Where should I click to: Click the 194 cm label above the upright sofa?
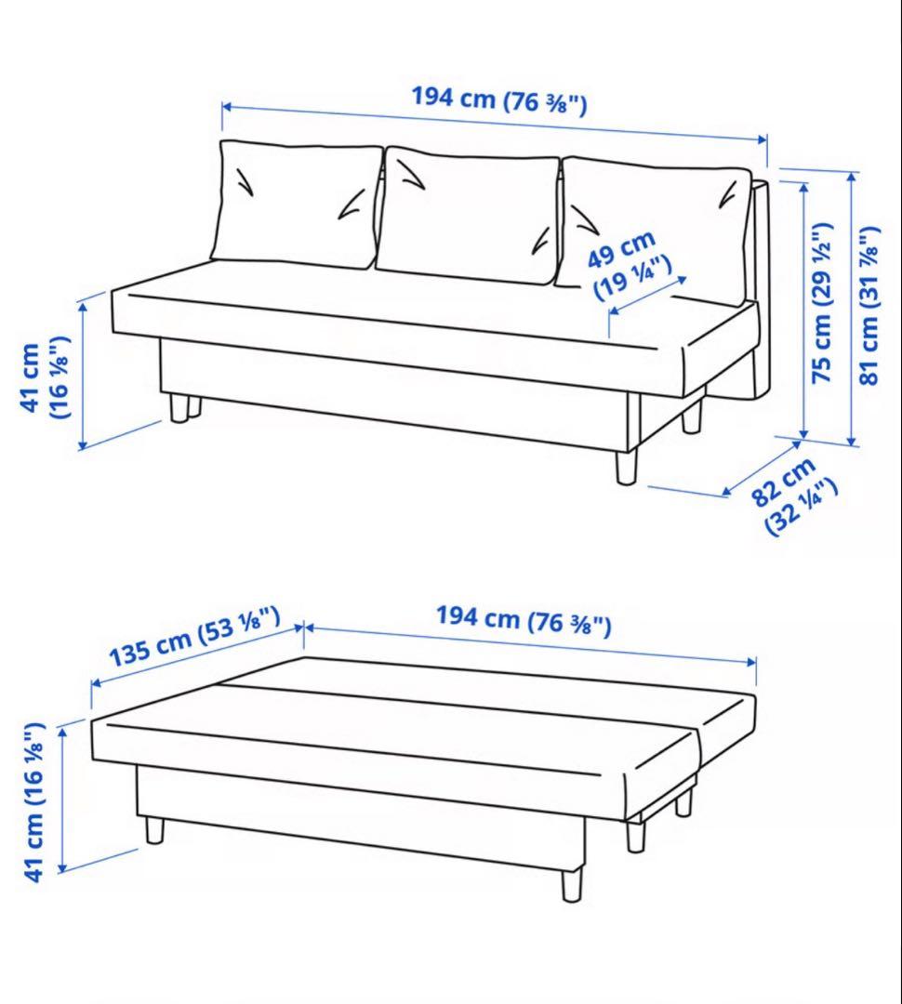pyautogui.click(x=498, y=99)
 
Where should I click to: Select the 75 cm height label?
pyautogui.click(x=822, y=303)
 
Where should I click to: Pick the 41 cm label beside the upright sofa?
pyautogui.click(x=45, y=378)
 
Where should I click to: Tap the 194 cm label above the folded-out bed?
pyautogui.click(x=524, y=620)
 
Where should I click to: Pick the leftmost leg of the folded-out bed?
pyautogui.click(x=154, y=829)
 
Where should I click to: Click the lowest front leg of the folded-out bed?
pyautogui.click(x=573, y=882)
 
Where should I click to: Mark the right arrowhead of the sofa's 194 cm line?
pyautogui.click(x=764, y=139)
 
